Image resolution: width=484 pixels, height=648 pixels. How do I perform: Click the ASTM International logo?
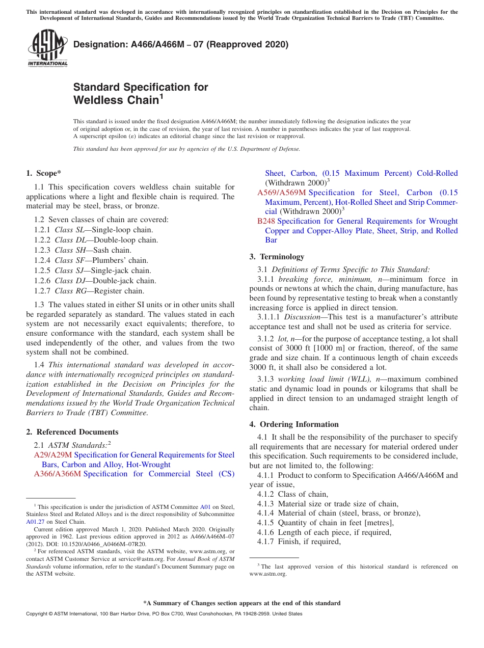click(x=47, y=48)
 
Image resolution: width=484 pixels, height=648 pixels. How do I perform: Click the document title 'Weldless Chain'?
click(x=116, y=100)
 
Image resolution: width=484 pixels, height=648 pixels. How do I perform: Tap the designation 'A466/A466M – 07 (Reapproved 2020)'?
click(x=181, y=44)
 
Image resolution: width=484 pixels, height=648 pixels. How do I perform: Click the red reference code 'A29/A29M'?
click(x=53, y=455)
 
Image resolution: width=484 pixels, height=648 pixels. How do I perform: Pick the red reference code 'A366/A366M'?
click(x=58, y=474)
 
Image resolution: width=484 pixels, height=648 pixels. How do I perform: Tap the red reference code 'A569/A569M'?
click(x=281, y=193)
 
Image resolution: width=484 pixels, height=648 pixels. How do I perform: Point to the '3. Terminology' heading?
click(x=277, y=257)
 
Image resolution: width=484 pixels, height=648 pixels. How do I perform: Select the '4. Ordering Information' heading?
click(x=293, y=424)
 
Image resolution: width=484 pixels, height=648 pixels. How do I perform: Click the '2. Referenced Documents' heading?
click(x=72, y=432)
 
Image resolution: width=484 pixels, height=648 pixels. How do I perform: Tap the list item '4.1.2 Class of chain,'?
click(x=293, y=494)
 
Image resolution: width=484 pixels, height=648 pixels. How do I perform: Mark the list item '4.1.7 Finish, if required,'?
click(x=299, y=542)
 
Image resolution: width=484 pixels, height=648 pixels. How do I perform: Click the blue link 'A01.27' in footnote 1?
click(x=35, y=522)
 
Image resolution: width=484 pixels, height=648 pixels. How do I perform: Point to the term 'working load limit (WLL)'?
click(x=322, y=379)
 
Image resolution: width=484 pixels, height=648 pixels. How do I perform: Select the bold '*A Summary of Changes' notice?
click(x=241, y=603)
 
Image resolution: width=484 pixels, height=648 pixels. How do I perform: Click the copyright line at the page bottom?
click(x=164, y=614)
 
